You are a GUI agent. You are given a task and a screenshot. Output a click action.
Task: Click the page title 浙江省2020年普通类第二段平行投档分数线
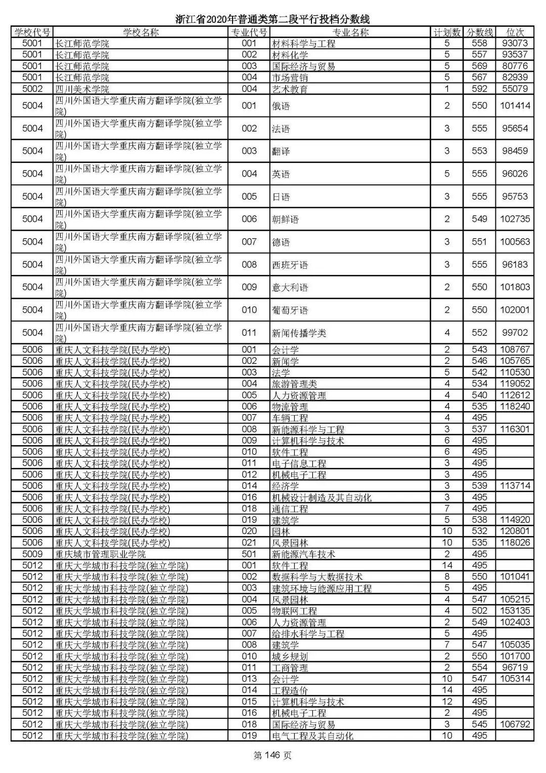tap(272, 19)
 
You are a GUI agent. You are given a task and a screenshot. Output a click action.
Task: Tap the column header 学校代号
tap(32, 32)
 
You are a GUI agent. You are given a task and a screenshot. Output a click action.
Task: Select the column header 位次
tap(515, 32)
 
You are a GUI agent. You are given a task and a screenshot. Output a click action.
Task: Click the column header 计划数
tap(447, 32)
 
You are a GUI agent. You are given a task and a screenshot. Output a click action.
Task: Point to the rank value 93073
tap(515, 44)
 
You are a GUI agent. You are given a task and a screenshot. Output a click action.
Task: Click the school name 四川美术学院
tap(82, 89)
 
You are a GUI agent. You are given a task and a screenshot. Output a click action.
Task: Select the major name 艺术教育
tap(290, 89)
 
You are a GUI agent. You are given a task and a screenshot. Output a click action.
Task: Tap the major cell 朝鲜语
tap(285, 219)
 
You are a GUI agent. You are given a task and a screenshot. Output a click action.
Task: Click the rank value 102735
tap(515, 219)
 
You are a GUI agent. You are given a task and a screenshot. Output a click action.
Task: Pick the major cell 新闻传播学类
tap(299, 333)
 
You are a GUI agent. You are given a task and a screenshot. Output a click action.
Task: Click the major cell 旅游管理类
tap(294, 384)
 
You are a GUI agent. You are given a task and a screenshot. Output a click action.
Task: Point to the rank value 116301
tap(515, 429)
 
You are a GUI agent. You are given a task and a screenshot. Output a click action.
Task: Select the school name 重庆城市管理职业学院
tap(100, 554)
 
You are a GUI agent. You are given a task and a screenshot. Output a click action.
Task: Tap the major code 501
tap(249, 554)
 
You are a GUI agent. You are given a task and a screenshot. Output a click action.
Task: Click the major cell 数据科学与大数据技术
tap(317, 577)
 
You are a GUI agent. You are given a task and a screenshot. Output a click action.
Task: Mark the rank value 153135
tap(515, 611)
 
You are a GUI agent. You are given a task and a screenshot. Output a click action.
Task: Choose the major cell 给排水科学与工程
tap(308, 634)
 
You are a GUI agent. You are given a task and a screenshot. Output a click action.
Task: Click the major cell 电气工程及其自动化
tap(312, 736)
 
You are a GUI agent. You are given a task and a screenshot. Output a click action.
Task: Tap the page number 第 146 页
tap(272, 756)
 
